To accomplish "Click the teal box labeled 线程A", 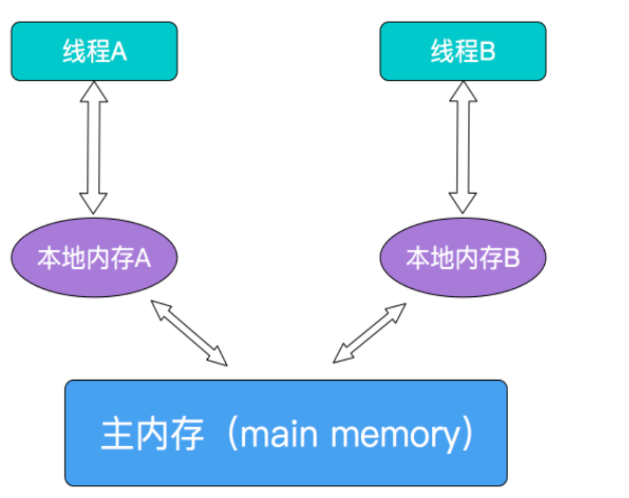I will tap(94, 51).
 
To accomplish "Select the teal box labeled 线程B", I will tap(463, 51).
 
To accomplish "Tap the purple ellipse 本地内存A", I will tap(94, 258).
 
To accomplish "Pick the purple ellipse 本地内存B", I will tap(463, 258).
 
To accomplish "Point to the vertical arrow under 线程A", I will tap(94, 148).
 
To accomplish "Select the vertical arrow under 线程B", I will tap(463, 148).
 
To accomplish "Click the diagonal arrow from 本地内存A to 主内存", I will tap(189, 332).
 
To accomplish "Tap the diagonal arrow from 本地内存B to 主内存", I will tap(369, 333).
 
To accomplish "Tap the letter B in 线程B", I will tap(487, 52).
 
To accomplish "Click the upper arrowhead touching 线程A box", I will tap(94, 92).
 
